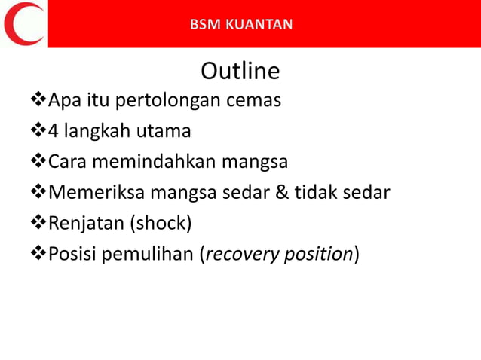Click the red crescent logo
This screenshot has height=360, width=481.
[21, 23]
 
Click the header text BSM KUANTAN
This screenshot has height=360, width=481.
[241, 24]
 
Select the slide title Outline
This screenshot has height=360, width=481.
[240, 71]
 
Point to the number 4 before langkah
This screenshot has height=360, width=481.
[54, 131]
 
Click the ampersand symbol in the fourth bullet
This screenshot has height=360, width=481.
[281, 193]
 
